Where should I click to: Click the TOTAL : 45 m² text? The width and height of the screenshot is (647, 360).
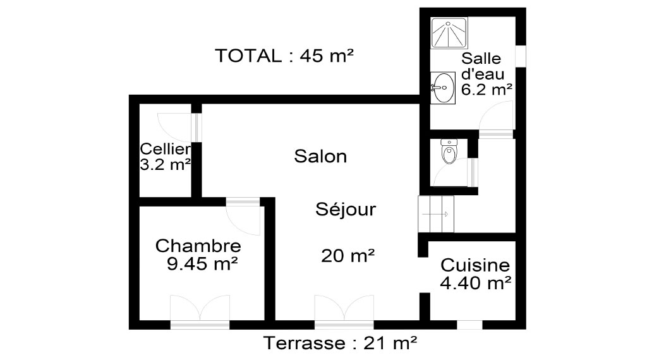coord(284,56)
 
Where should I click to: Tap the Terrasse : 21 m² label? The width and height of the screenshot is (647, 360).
coord(340,343)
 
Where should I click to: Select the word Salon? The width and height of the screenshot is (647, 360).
coord(320,156)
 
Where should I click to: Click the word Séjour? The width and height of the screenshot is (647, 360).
coord(346,209)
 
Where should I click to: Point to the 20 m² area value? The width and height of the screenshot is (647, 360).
coord(348,256)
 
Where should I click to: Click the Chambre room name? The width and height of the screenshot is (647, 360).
coord(198,246)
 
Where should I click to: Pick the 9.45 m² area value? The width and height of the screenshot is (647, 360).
coord(202,263)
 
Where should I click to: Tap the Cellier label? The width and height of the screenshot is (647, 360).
coord(165,148)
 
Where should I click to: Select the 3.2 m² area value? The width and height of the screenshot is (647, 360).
coord(165,165)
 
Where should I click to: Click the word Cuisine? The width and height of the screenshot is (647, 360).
coord(475,265)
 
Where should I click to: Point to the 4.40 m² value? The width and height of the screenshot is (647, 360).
coord(476,283)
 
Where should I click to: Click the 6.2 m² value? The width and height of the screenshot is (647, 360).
coord(487,89)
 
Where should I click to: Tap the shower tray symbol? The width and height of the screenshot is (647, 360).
coord(449,33)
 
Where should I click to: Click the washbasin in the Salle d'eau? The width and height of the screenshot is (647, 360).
coord(443,87)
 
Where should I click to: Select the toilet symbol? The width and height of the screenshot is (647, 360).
coord(449,152)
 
